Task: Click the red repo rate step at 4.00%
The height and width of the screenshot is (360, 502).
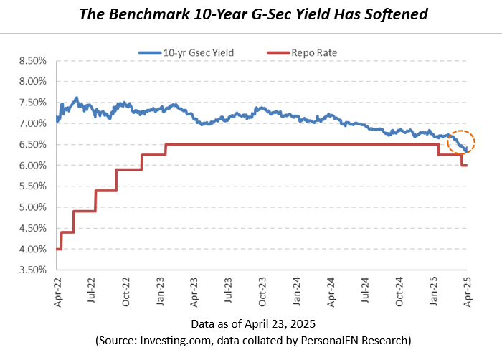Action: pos(58,249)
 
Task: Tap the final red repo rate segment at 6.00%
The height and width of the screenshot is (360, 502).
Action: pos(464,166)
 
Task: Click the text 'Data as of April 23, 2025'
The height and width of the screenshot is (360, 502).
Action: pos(251,323)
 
